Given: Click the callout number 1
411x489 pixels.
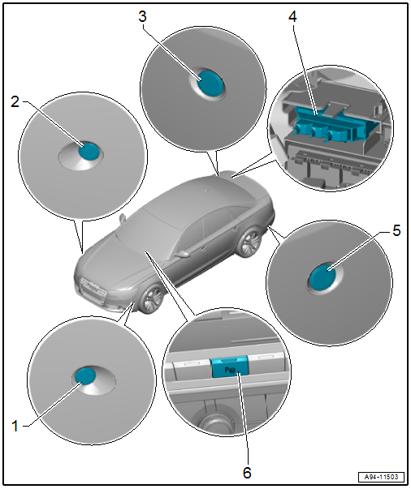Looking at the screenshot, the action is (x=15, y=426).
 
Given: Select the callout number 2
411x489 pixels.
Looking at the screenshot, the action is (x=15, y=102).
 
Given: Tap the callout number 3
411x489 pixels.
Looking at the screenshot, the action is (x=142, y=16).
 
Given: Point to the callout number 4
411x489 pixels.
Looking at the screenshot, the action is (x=292, y=16).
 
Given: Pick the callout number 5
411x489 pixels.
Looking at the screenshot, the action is (x=396, y=231).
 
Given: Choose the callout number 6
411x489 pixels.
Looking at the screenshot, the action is (x=247, y=473).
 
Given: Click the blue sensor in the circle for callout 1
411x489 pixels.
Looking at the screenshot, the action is (x=85, y=375).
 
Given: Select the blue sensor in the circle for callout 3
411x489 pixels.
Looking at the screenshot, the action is (x=210, y=83).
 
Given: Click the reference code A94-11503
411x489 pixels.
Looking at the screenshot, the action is (x=381, y=477).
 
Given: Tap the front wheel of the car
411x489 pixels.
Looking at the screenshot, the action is (x=151, y=298).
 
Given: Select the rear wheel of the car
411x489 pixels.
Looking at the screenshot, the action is (x=249, y=242).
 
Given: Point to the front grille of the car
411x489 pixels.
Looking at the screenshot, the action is (x=93, y=290).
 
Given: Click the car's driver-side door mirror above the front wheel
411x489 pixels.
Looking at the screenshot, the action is (x=184, y=253).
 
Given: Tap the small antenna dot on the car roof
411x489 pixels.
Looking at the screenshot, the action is (x=206, y=189).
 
